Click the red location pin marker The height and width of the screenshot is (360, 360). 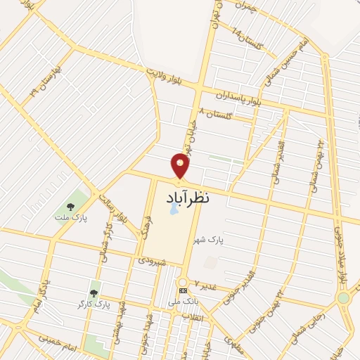pos(181,166)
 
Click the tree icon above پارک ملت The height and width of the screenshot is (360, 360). pos(70,207)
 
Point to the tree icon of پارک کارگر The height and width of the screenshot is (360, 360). pos(94,293)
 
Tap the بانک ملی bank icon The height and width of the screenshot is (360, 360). pos(183,290)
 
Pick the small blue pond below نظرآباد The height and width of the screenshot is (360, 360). pos(174,210)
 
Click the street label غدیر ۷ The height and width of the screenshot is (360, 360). pos(207,287)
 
